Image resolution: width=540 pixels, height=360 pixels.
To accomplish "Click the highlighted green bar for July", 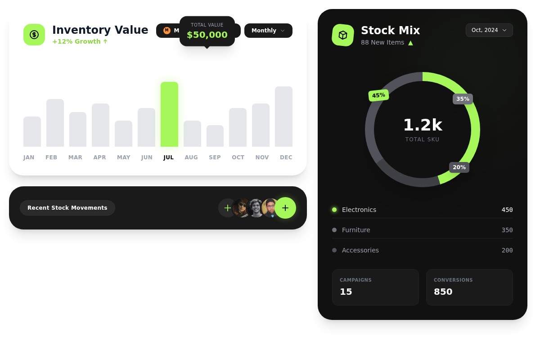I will [x=169, y=114].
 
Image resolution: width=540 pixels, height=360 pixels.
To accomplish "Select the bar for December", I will [x=283, y=117].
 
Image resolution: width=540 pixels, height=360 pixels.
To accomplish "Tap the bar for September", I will [x=215, y=136].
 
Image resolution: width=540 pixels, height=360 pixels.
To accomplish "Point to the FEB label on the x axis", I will [x=51, y=157].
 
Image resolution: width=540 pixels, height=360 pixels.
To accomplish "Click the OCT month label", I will [x=238, y=157].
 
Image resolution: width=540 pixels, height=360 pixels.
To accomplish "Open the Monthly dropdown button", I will [x=268, y=31].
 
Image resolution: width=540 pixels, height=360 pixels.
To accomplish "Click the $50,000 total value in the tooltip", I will [x=207, y=35].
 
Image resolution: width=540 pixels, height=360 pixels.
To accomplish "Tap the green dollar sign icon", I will [x=34, y=35].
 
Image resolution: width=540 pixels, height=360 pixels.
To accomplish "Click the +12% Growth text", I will [x=80, y=41].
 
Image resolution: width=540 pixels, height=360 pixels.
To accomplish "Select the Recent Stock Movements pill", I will [x=67, y=208].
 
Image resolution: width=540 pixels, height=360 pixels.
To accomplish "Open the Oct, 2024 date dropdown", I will [x=489, y=30].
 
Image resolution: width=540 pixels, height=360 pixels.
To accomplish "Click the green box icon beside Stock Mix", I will [x=343, y=35].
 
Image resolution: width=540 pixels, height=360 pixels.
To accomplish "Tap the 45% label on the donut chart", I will [x=378, y=95].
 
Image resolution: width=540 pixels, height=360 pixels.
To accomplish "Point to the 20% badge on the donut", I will [x=459, y=167].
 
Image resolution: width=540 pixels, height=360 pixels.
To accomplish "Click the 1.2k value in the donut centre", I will [x=423, y=125].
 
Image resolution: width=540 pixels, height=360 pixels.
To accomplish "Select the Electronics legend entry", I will [x=359, y=210].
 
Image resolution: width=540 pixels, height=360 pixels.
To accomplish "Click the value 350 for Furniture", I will [x=507, y=230].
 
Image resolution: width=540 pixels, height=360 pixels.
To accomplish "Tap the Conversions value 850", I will [x=443, y=292].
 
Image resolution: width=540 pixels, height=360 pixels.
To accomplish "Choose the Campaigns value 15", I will [x=346, y=292].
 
